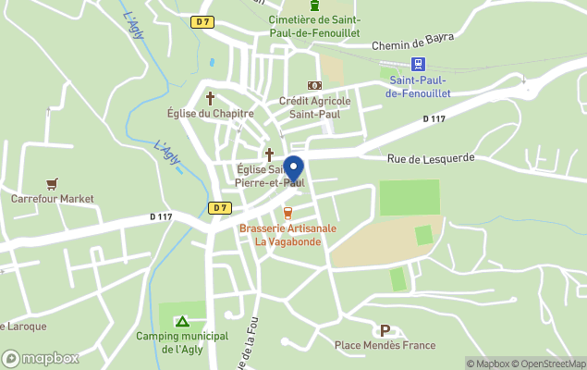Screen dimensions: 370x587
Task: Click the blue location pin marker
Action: click(x=293, y=170)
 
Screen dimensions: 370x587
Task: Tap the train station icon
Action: click(x=418, y=64)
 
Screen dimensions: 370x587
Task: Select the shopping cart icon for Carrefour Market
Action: click(x=52, y=184)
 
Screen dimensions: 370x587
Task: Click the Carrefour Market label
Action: click(x=53, y=199)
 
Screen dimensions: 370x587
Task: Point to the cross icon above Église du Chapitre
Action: click(x=210, y=97)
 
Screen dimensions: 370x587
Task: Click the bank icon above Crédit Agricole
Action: click(x=314, y=85)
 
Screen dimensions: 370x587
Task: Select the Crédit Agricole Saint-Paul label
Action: click(x=314, y=107)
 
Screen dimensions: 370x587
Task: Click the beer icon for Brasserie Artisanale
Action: click(x=287, y=214)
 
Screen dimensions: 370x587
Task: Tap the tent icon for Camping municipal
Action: click(x=182, y=322)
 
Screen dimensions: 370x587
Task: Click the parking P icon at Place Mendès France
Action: click(x=385, y=330)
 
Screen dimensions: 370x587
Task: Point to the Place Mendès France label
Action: click(x=385, y=346)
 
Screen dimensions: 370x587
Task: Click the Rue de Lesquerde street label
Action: click(x=431, y=158)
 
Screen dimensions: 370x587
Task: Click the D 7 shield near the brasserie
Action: click(x=219, y=208)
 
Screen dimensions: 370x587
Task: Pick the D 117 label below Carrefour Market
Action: click(x=161, y=217)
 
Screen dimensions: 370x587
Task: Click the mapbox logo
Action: click(x=40, y=358)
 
